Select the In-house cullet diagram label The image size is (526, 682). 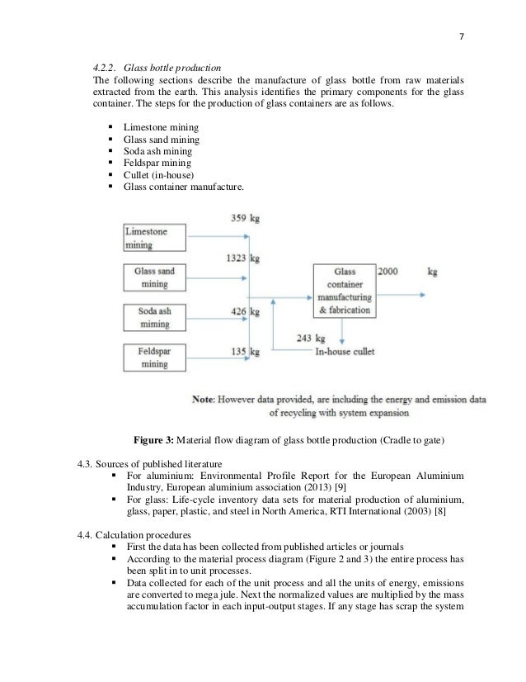coord(345,352)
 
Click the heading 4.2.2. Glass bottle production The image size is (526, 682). coord(156,67)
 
